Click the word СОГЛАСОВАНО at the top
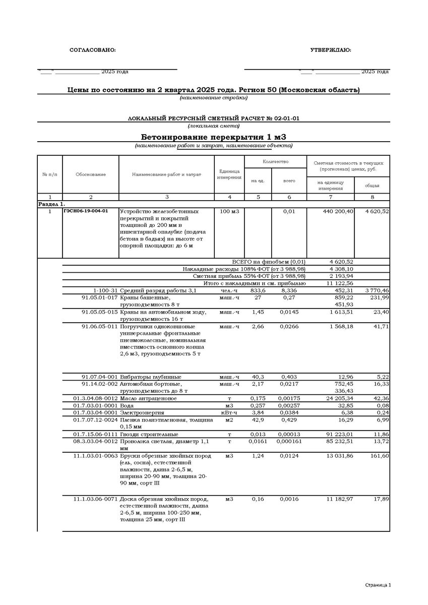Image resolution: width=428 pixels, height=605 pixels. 92,50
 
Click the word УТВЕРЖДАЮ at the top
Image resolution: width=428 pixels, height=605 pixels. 331,50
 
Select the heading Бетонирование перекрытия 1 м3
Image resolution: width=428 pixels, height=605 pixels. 214,137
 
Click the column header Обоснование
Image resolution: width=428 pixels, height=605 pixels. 91,174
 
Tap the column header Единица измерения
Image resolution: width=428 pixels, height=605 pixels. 229,174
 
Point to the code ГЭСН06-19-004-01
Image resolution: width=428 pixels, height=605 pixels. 86,211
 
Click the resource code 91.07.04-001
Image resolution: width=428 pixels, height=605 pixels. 99,377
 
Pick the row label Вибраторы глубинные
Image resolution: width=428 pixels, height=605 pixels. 150,377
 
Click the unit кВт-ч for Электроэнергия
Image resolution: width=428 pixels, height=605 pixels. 229,412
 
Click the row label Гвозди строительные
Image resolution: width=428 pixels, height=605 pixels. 149,434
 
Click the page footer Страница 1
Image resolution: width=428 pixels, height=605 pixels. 378,585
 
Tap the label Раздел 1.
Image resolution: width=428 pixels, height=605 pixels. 52,204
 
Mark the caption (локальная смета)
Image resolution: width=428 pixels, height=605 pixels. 214,126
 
